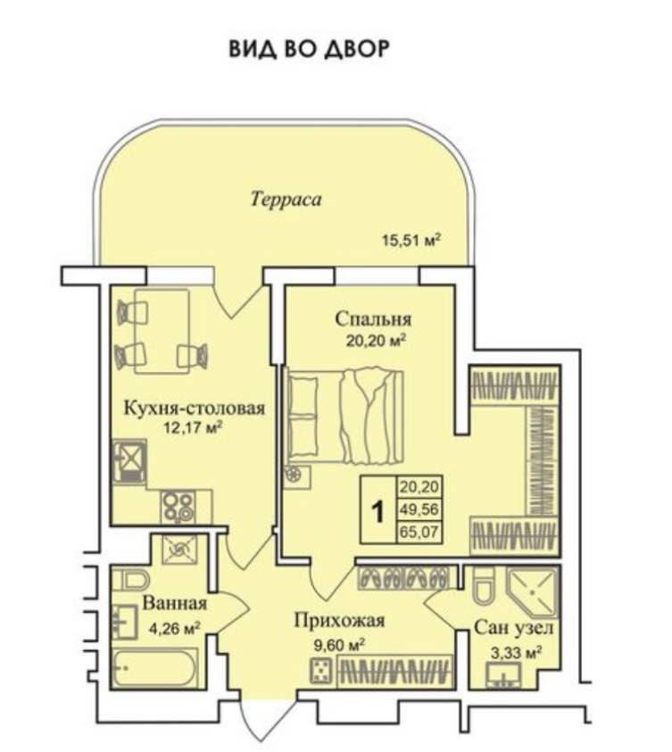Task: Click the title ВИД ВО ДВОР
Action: point(309,48)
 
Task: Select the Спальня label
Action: point(373,318)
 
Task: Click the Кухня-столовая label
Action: point(194,409)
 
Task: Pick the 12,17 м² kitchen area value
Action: point(189,428)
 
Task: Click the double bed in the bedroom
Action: point(344,416)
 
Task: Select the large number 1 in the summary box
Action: point(377,512)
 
